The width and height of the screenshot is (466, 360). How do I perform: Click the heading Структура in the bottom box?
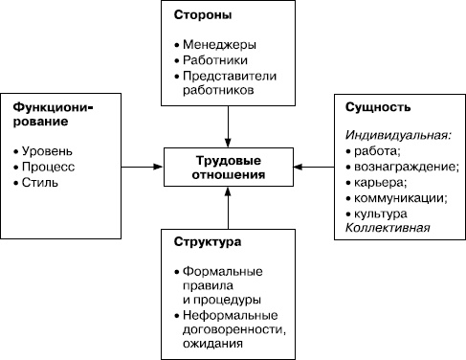tap(208, 241)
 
